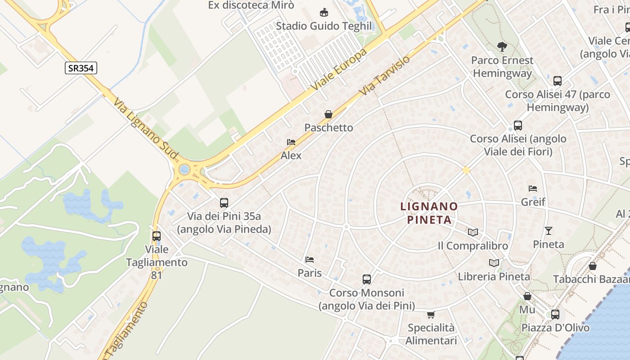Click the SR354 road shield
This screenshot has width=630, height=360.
[81, 68]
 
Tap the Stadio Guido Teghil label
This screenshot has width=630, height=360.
[324, 26]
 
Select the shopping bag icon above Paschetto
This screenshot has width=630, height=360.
[328, 114]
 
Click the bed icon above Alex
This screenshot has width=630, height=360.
[291, 142]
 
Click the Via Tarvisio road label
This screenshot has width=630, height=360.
[385, 75]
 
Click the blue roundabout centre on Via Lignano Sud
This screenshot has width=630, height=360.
[184, 170]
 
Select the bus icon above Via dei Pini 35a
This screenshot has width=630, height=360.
[224, 202]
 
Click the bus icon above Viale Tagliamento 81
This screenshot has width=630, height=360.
[157, 236]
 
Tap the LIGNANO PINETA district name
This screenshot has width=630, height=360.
[429, 213]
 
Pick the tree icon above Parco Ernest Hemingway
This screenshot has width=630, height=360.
[502, 46]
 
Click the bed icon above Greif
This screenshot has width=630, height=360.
[533, 188]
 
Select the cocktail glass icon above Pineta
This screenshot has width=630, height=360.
[549, 231]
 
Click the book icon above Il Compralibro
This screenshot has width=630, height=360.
[472, 232]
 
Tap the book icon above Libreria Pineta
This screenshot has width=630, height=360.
[494, 263]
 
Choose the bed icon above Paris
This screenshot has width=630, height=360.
[310, 259]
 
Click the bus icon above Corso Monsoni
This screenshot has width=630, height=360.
[367, 279]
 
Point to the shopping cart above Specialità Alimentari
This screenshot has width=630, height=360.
[431, 314]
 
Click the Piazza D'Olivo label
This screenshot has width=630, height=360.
[555, 327]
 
